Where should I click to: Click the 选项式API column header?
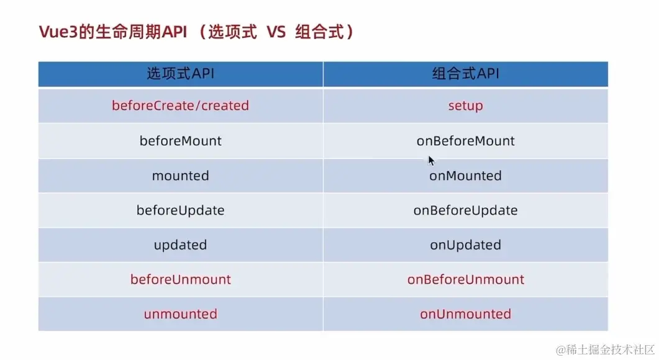180,74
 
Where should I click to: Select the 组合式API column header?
465,74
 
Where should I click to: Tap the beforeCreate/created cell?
180,106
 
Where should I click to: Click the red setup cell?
465,106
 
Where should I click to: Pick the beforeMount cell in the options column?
180,141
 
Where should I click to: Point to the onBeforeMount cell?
465,141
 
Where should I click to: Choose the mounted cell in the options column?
180,176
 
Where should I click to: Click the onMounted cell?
465,176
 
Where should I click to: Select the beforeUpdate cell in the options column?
180,210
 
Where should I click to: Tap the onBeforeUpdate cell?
465,210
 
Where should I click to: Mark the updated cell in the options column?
180,245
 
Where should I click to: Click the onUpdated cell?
465,245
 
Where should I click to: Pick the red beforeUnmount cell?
180,279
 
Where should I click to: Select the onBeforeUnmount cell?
465,279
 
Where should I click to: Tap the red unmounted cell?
180,314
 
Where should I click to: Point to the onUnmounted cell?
465,314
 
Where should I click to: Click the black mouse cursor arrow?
431,161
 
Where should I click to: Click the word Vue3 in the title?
58,32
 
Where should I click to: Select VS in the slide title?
276,32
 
